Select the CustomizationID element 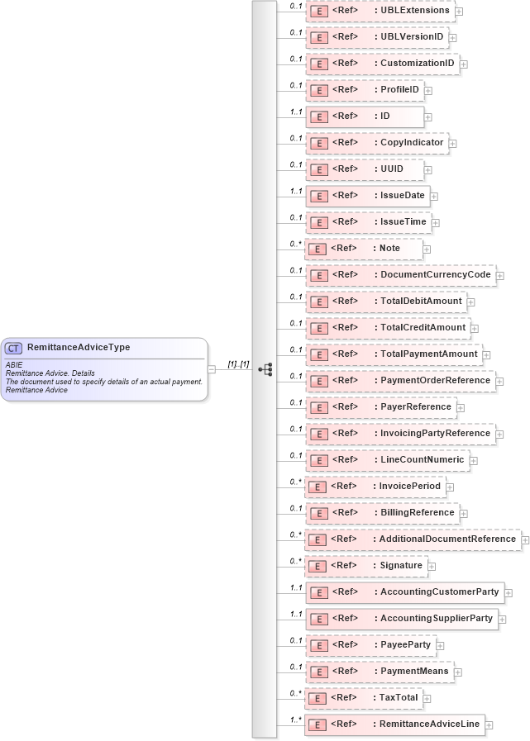(382, 64)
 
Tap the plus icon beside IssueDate (434, 197)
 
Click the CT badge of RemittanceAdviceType (14, 349)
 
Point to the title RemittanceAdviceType (79, 348)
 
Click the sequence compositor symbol (265, 369)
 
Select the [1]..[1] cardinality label (238, 363)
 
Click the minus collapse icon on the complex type (212, 369)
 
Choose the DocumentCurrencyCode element (400, 275)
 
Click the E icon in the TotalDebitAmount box (318, 302)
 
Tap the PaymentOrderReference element (400, 381)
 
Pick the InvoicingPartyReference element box (400, 434)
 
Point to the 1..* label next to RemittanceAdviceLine (295, 720)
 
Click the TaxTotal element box (364, 698)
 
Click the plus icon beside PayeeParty (441, 646)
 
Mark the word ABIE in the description (14, 364)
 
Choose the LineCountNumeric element (387, 460)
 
